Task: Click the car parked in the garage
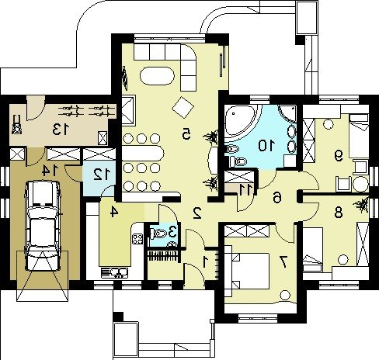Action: point(43,226)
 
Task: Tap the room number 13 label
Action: point(61,130)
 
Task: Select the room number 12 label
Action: point(102,175)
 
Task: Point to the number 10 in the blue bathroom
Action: point(266,146)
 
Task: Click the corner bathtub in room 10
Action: point(240,123)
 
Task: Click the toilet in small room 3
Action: point(158,234)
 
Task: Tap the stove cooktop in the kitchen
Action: point(137,239)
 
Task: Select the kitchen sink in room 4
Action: point(115,273)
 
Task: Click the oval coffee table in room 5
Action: point(157,75)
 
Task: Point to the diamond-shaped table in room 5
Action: point(183,108)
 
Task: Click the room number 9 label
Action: point(339,156)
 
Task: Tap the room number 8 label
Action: point(339,213)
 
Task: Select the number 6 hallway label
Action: point(277,198)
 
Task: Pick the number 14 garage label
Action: point(50,171)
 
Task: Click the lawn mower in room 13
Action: point(17,126)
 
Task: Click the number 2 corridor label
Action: point(197,213)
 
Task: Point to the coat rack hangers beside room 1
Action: point(163,256)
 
